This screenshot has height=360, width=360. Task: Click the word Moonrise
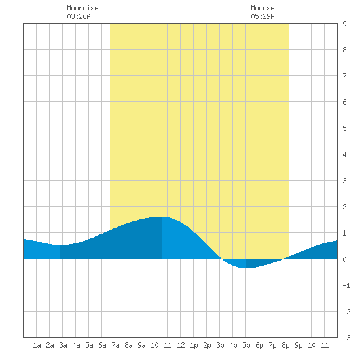(82, 8)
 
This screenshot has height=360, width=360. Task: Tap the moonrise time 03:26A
(79, 16)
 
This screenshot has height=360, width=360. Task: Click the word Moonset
(264, 8)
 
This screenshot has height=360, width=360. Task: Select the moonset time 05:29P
(262, 16)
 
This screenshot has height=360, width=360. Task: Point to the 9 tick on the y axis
(344, 24)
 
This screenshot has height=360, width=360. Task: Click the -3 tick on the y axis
(346, 338)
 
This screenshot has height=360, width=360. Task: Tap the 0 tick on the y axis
(344, 259)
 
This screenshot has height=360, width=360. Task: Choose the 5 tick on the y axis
(344, 128)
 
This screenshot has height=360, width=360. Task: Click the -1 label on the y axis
(346, 285)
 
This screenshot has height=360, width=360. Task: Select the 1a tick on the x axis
(37, 345)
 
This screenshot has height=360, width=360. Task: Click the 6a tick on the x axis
(102, 345)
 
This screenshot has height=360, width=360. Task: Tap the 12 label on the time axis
(181, 345)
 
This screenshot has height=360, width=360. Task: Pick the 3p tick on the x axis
(220, 346)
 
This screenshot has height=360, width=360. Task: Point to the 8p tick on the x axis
(285, 346)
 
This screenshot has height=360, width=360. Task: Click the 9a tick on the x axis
(141, 345)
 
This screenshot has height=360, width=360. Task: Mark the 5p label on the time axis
(246, 346)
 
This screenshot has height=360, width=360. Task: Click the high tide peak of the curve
(161, 217)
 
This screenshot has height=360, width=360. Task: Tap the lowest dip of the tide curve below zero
(245, 268)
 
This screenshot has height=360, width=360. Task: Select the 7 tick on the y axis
(344, 76)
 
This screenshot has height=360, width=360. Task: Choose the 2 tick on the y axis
(344, 207)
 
